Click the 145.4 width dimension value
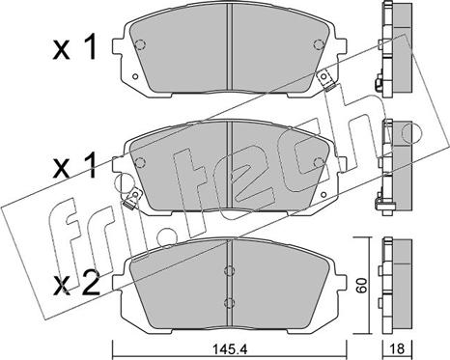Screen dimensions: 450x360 coord(229,348)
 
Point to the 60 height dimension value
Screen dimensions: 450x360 coord(362,286)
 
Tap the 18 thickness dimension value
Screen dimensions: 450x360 coord(398,348)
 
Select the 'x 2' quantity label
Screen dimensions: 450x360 coord(77,285)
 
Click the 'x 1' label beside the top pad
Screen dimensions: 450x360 coord(75,48)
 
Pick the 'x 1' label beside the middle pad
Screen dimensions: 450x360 coord(75,166)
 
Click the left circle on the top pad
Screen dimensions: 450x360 coord(140,44)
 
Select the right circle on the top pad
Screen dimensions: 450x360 coord(319,44)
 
